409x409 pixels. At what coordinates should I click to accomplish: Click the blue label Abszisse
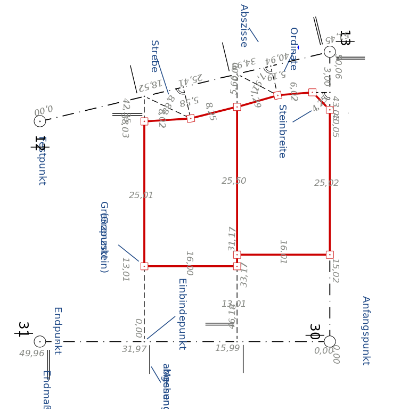pos(244,26)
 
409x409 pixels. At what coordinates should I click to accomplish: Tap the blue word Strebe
pos(154,56)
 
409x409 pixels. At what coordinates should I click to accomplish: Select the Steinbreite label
pos(282,131)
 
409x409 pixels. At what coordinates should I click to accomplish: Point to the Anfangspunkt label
pos(366,330)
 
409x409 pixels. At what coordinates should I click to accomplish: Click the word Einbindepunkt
pos(182,314)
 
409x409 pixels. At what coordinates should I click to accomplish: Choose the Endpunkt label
pos(58,331)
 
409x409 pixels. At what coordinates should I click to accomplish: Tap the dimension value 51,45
pos(337,37)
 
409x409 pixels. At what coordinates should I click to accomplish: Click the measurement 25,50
pos(234,181)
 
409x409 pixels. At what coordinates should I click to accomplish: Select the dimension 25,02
pos(326,183)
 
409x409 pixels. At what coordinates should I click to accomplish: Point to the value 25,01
pos(141,195)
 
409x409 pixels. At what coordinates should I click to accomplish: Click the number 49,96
pos(32,354)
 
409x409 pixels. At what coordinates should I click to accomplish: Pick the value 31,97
pos(134,349)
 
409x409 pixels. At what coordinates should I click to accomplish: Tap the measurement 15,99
pos(227,348)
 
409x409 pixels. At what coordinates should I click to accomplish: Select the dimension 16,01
pos(283,252)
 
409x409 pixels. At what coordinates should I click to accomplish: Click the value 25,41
pos(190,79)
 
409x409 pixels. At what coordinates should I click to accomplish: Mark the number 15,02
pos(335,271)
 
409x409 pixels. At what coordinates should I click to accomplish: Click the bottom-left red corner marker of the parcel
pos(144,266)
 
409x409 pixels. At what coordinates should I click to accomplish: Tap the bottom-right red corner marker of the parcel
pos(330,255)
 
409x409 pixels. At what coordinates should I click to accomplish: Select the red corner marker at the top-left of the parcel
pos(144,121)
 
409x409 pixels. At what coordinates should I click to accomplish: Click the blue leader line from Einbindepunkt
pos(161,328)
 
